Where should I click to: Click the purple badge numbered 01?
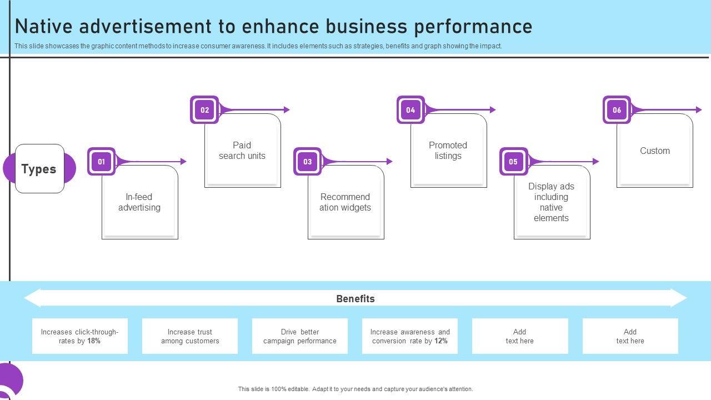101,162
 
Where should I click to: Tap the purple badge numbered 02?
204,110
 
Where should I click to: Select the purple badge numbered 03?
307,162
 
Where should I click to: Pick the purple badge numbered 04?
410,110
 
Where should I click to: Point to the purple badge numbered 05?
513,162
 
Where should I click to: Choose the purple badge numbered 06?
617,110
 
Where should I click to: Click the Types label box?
39,168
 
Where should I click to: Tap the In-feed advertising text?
139,202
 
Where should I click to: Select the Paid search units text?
242,151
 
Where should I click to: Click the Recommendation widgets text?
345,202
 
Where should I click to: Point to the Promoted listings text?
448,151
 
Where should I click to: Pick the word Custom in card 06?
655,151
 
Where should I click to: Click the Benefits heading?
355,299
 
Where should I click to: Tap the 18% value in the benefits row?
94,341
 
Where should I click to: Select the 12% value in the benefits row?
441,341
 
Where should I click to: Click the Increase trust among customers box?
190,336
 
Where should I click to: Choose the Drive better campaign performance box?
300,336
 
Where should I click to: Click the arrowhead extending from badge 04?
493,110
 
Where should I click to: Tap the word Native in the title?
44,26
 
